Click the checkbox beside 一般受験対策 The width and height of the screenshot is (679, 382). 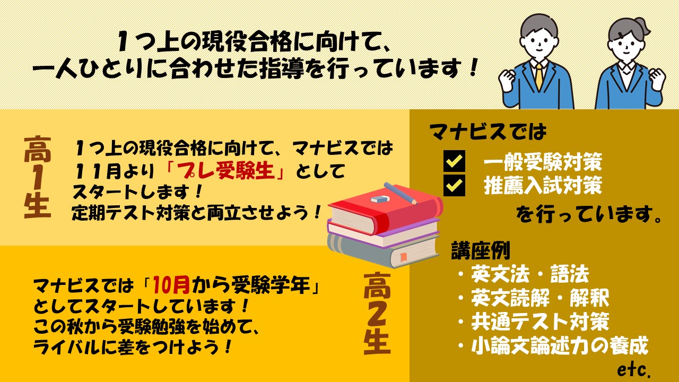[x=454, y=161]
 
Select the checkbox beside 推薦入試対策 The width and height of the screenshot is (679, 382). [x=454, y=185]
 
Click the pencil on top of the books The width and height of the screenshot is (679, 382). [x=400, y=193]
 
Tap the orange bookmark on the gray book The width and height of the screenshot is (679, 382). [x=404, y=257]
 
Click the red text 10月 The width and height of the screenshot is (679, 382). [x=171, y=285]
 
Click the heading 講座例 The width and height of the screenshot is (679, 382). [x=481, y=250]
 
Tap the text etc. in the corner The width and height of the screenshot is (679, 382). [x=634, y=369]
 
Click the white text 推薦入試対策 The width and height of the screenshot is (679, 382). [x=543, y=186]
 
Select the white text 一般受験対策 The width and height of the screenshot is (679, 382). [x=543, y=162]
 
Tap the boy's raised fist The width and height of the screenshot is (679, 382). [x=509, y=81]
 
